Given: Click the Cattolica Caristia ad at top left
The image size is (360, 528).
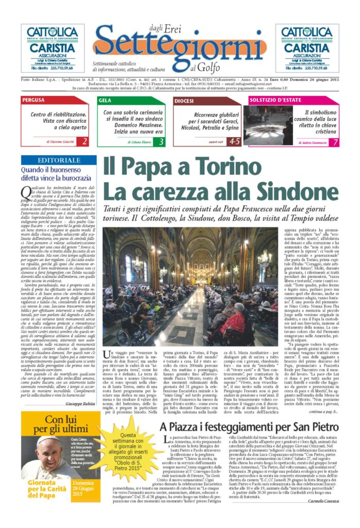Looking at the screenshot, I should pyautogui.click(x=52, y=47).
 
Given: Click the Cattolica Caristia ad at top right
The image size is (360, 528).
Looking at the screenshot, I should pyautogui.click(x=307, y=47).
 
